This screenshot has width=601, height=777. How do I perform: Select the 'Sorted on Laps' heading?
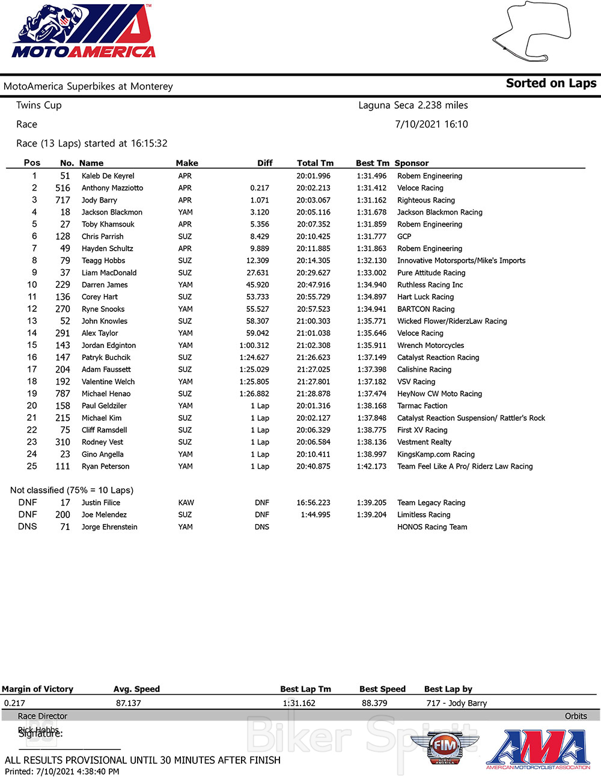point(551,84)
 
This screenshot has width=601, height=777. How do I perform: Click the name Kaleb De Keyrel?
point(108,176)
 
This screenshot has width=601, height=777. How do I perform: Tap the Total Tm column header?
point(315,163)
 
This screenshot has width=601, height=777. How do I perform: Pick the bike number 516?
point(63,188)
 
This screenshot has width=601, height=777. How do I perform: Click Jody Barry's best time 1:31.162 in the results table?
point(371,200)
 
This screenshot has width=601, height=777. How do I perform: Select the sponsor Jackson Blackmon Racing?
point(439,212)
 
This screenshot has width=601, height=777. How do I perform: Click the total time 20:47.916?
point(313,285)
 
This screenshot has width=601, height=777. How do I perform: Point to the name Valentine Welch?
point(108,382)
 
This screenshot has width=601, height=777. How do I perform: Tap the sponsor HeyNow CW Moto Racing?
point(439,394)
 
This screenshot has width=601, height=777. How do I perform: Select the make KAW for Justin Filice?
point(186,502)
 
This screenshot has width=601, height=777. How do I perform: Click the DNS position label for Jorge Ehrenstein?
point(28,526)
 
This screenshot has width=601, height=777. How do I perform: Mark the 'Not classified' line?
point(72,490)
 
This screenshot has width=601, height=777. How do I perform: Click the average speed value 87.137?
point(129,703)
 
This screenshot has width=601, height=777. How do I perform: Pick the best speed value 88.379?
point(374,703)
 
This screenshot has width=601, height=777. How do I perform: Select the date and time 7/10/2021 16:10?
point(431,124)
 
